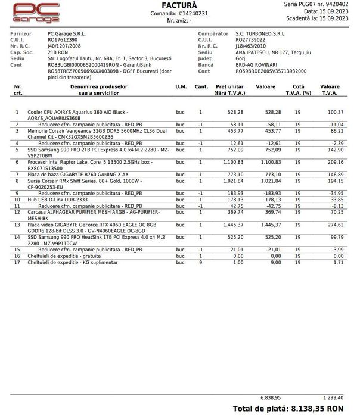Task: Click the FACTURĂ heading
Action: click(x=179, y=5)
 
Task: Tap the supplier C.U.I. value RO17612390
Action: click(x=63, y=41)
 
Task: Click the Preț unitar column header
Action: click(x=229, y=90)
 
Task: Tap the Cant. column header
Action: click(x=201, y=87)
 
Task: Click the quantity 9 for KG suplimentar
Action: click(x=200, y=262)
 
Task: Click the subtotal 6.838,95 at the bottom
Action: click(x=270, y=396)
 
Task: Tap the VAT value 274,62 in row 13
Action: click(x=336, y=225)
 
